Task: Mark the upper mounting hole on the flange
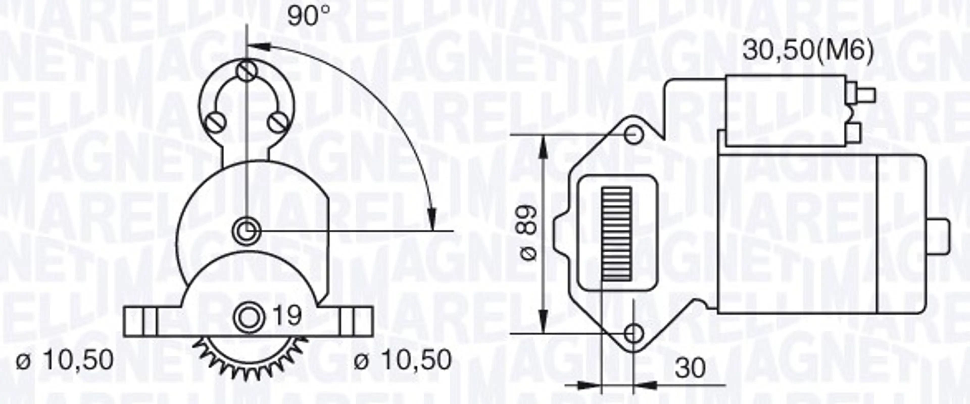pyautogui.click(x=634, y=135)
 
